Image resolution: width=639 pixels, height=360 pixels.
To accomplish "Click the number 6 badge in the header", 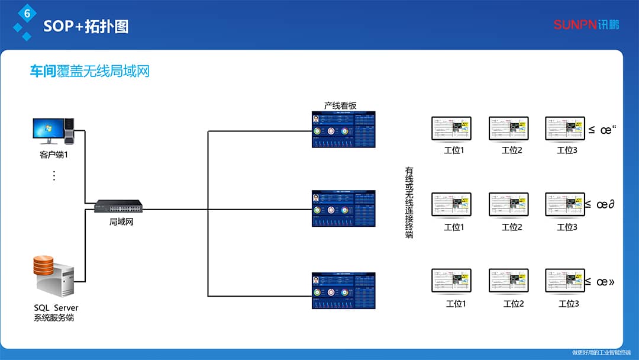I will pyautogui.click(x=27, y=13).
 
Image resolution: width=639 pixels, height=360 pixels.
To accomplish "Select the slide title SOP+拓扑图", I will pyautogui.click(x=86, y=27).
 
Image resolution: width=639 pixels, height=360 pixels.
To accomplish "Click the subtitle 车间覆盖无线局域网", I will pyautogui.click(x=90, y=72).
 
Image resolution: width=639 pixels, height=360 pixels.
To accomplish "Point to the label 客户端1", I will pyautogui.click(x=54, y=155).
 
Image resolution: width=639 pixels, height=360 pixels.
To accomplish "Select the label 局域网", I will pyautogui.click(x=121, y=222).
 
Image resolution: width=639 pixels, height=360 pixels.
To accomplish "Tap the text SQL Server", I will pyautogui.click(x=56, y=308).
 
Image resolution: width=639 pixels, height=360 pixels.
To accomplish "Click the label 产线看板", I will pyautogui.click(x=340, y=105).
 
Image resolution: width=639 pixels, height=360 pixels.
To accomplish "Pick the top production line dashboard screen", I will pyautogui.click(x=344, y=130).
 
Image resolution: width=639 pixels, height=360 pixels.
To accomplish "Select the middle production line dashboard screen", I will pyautogui.click(x=344, y=208).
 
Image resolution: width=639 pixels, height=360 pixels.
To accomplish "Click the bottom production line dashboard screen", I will pyautogui.click(x=344, y=290).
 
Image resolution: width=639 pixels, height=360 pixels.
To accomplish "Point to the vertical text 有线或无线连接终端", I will pyautogui.click(x=409, y=202).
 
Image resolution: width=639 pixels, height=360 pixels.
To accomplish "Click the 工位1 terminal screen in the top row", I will pyautogui.click(x=451, y=128).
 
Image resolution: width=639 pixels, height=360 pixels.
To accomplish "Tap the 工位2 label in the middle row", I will pyautogui.click(x=512, y=227).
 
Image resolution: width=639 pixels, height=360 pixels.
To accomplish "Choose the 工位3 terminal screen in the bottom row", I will pyautogui.click(x=564, y=282).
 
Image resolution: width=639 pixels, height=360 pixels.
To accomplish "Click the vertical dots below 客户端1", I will pyautogui.click(x=54, y=175).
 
